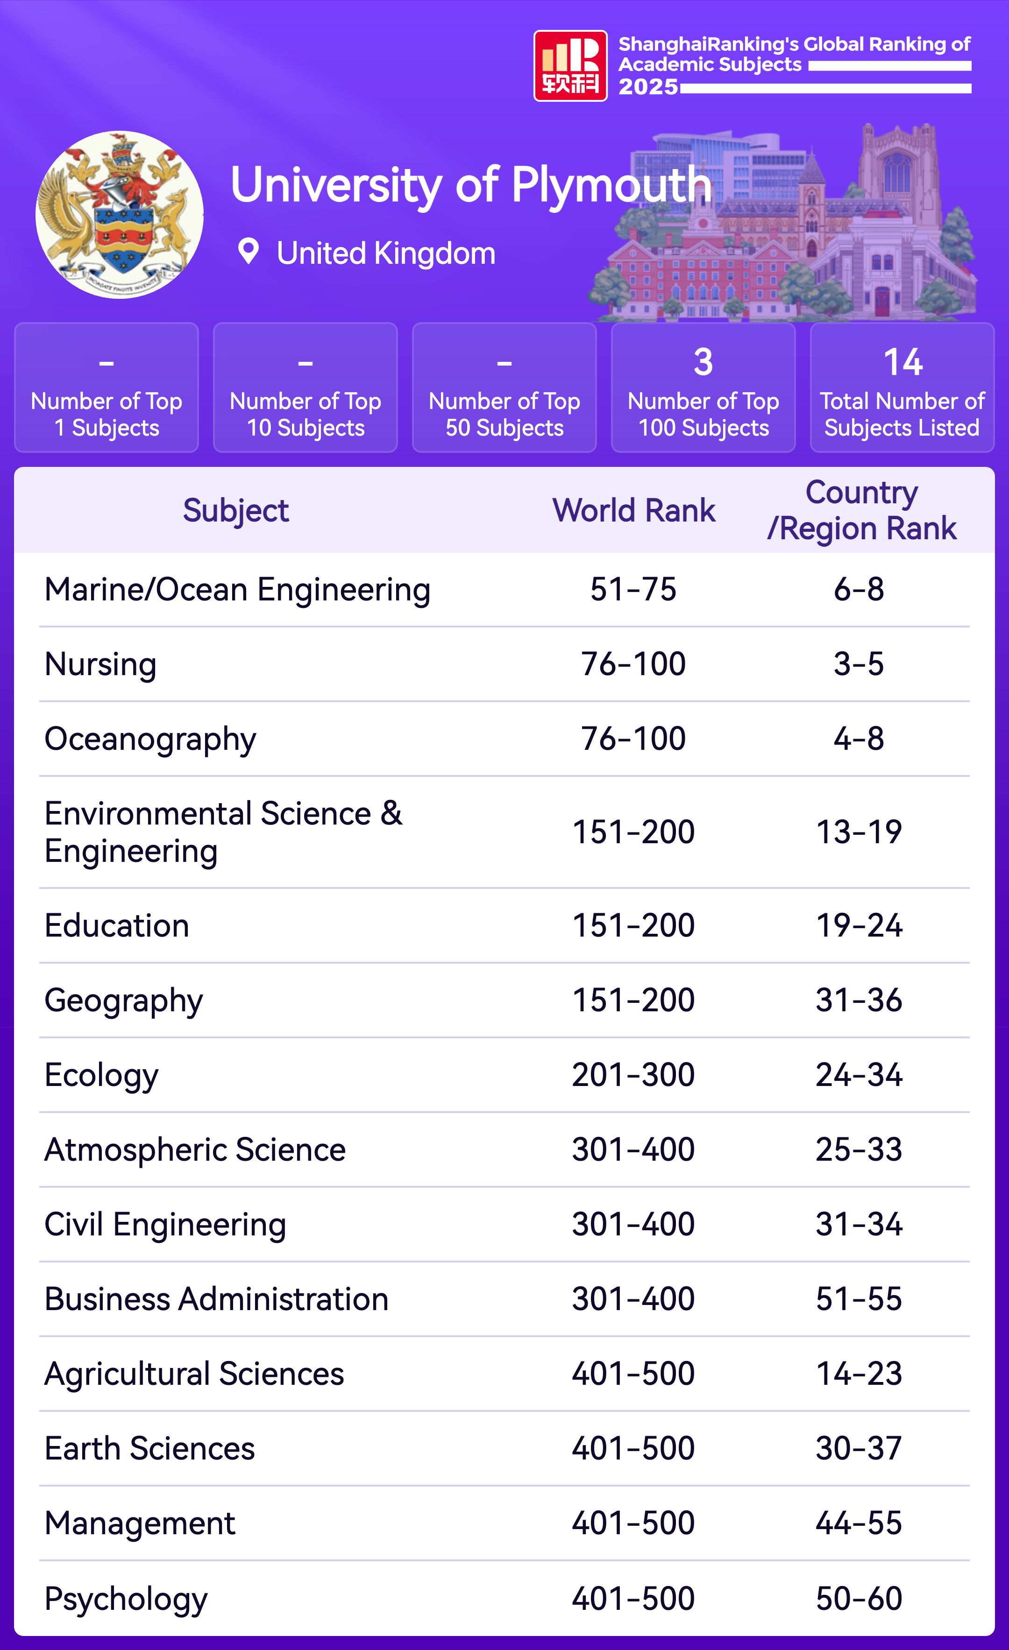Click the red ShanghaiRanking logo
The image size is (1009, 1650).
click(570, 66)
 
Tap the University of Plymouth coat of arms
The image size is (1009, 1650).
click(119, 214)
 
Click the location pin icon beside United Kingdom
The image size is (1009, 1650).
click(249, 252)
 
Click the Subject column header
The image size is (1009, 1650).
click(236, 510)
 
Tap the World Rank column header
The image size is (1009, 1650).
click(634, 510)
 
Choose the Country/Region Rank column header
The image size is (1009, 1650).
click(861, 510)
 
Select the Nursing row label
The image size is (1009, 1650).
click(100, 664)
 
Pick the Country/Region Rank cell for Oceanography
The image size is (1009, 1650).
click(859, 739)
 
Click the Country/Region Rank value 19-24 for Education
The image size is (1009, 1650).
click(859, 925)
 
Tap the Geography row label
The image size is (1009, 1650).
click(124, 1001)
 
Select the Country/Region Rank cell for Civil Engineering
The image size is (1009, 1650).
click(859, 1224)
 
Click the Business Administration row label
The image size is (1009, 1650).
click(216, 1299)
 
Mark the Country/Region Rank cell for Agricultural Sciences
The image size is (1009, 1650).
click(859, 1374)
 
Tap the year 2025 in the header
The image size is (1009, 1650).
click(648, 87)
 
